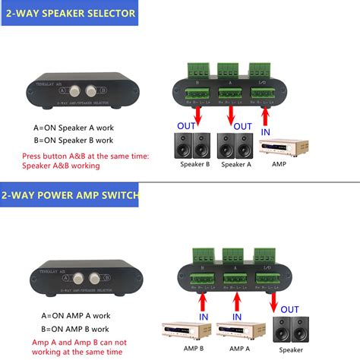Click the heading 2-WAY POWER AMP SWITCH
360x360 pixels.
pyautogui.click(x=70, y=195)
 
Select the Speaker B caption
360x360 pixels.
pyautogui.click(x=195, y=164)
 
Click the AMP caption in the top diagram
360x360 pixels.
pyautogui.click(x=279, y=164)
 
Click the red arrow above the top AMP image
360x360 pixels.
pyautogui.click(x=265, y=118)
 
